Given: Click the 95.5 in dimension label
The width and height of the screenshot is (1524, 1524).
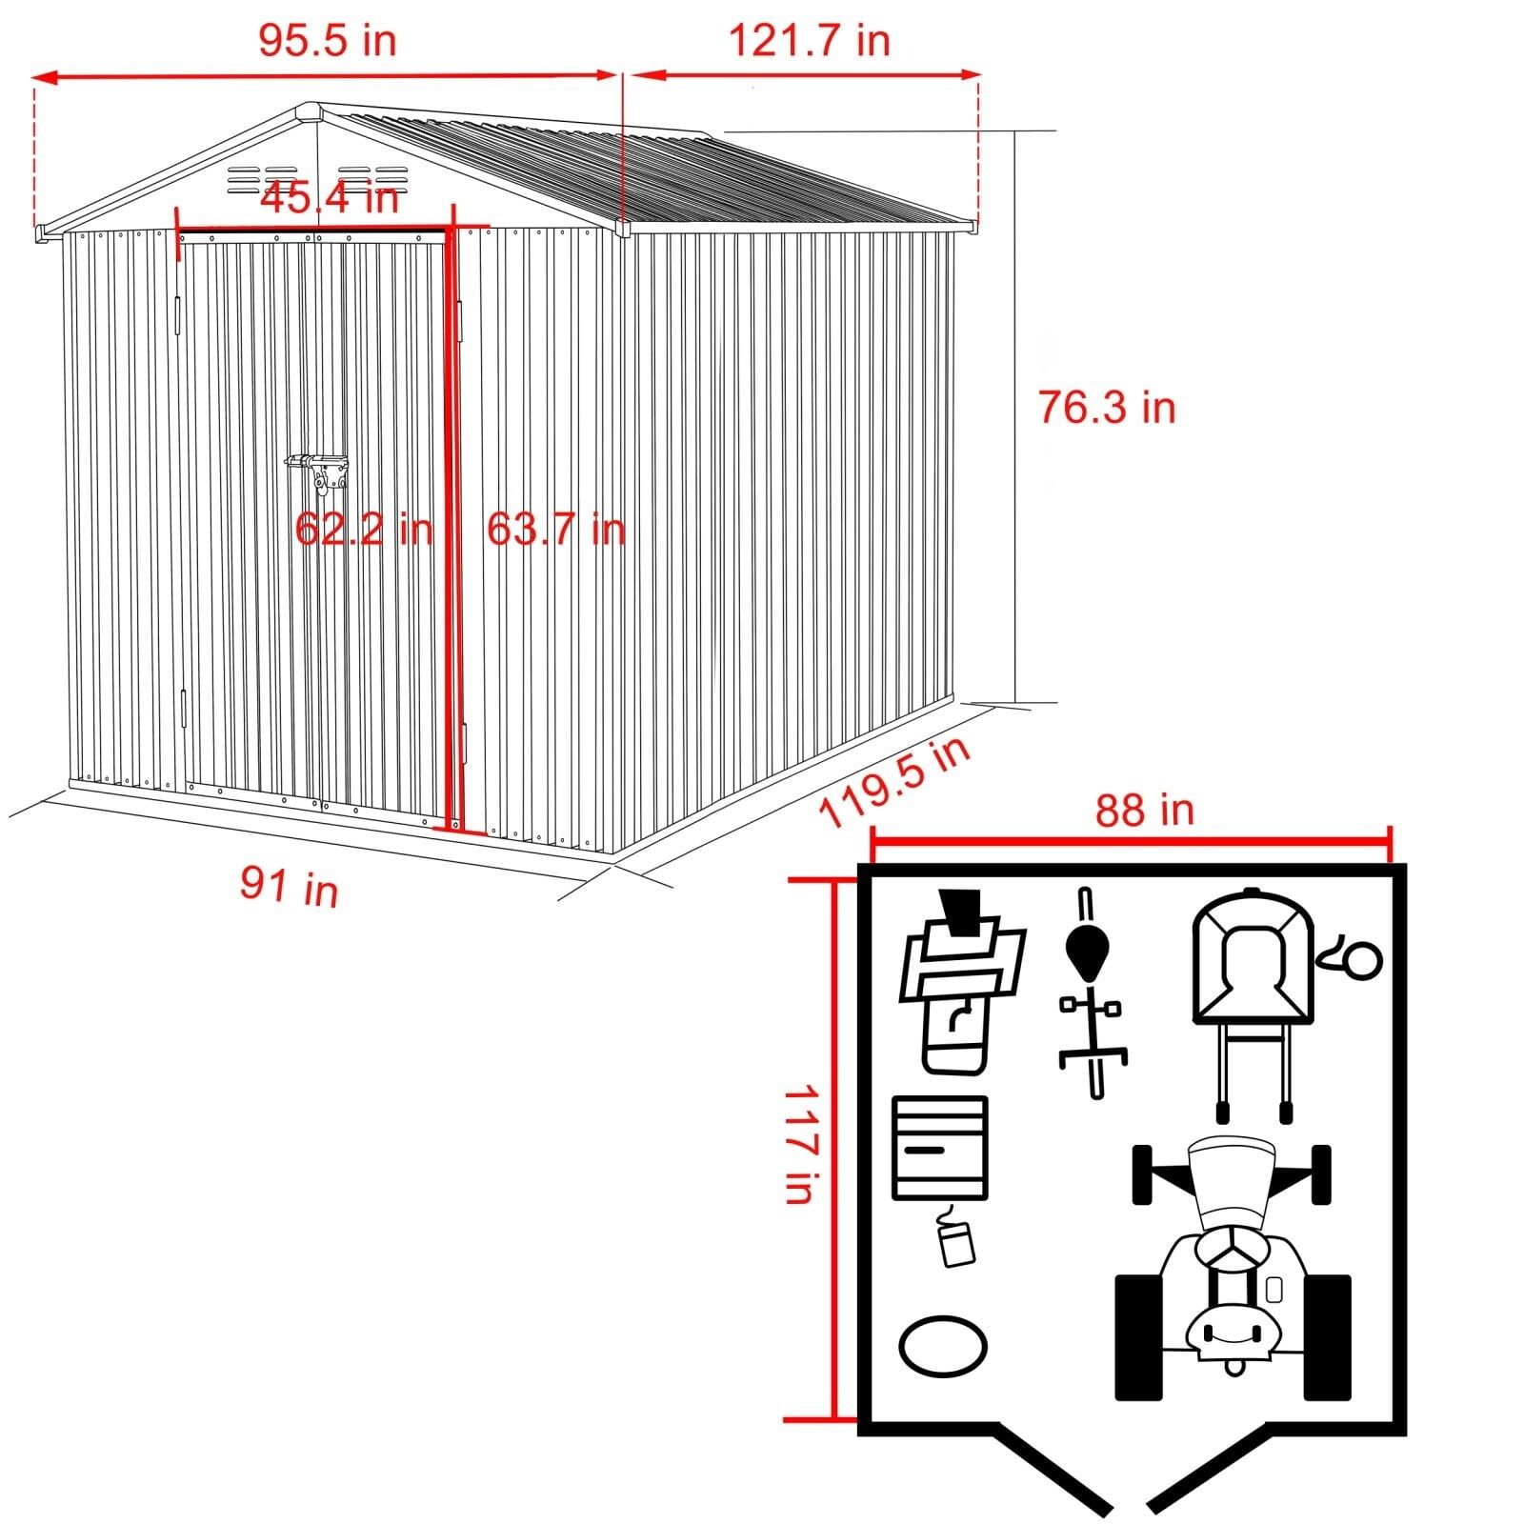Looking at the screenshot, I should tap(327, 41).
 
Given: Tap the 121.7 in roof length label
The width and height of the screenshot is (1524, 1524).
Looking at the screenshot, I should tap(809, 41).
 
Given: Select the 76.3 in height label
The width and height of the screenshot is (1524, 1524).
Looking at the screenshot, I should tap(1106, 408).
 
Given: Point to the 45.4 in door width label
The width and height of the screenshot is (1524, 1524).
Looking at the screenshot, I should tap(329, 198).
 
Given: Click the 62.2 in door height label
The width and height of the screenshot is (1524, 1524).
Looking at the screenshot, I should tap(363, 528).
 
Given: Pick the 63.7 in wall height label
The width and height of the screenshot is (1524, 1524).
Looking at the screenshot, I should tap(555, 528).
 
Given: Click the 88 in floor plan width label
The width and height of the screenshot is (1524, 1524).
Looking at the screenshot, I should tap(1143, 811).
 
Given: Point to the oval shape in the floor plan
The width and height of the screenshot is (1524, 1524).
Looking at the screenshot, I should tap(943, 1346).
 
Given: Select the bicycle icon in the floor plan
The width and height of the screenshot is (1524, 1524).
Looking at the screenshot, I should tap(1091, 991).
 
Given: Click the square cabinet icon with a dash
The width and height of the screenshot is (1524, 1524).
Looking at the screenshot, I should tap(939, 1147).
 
